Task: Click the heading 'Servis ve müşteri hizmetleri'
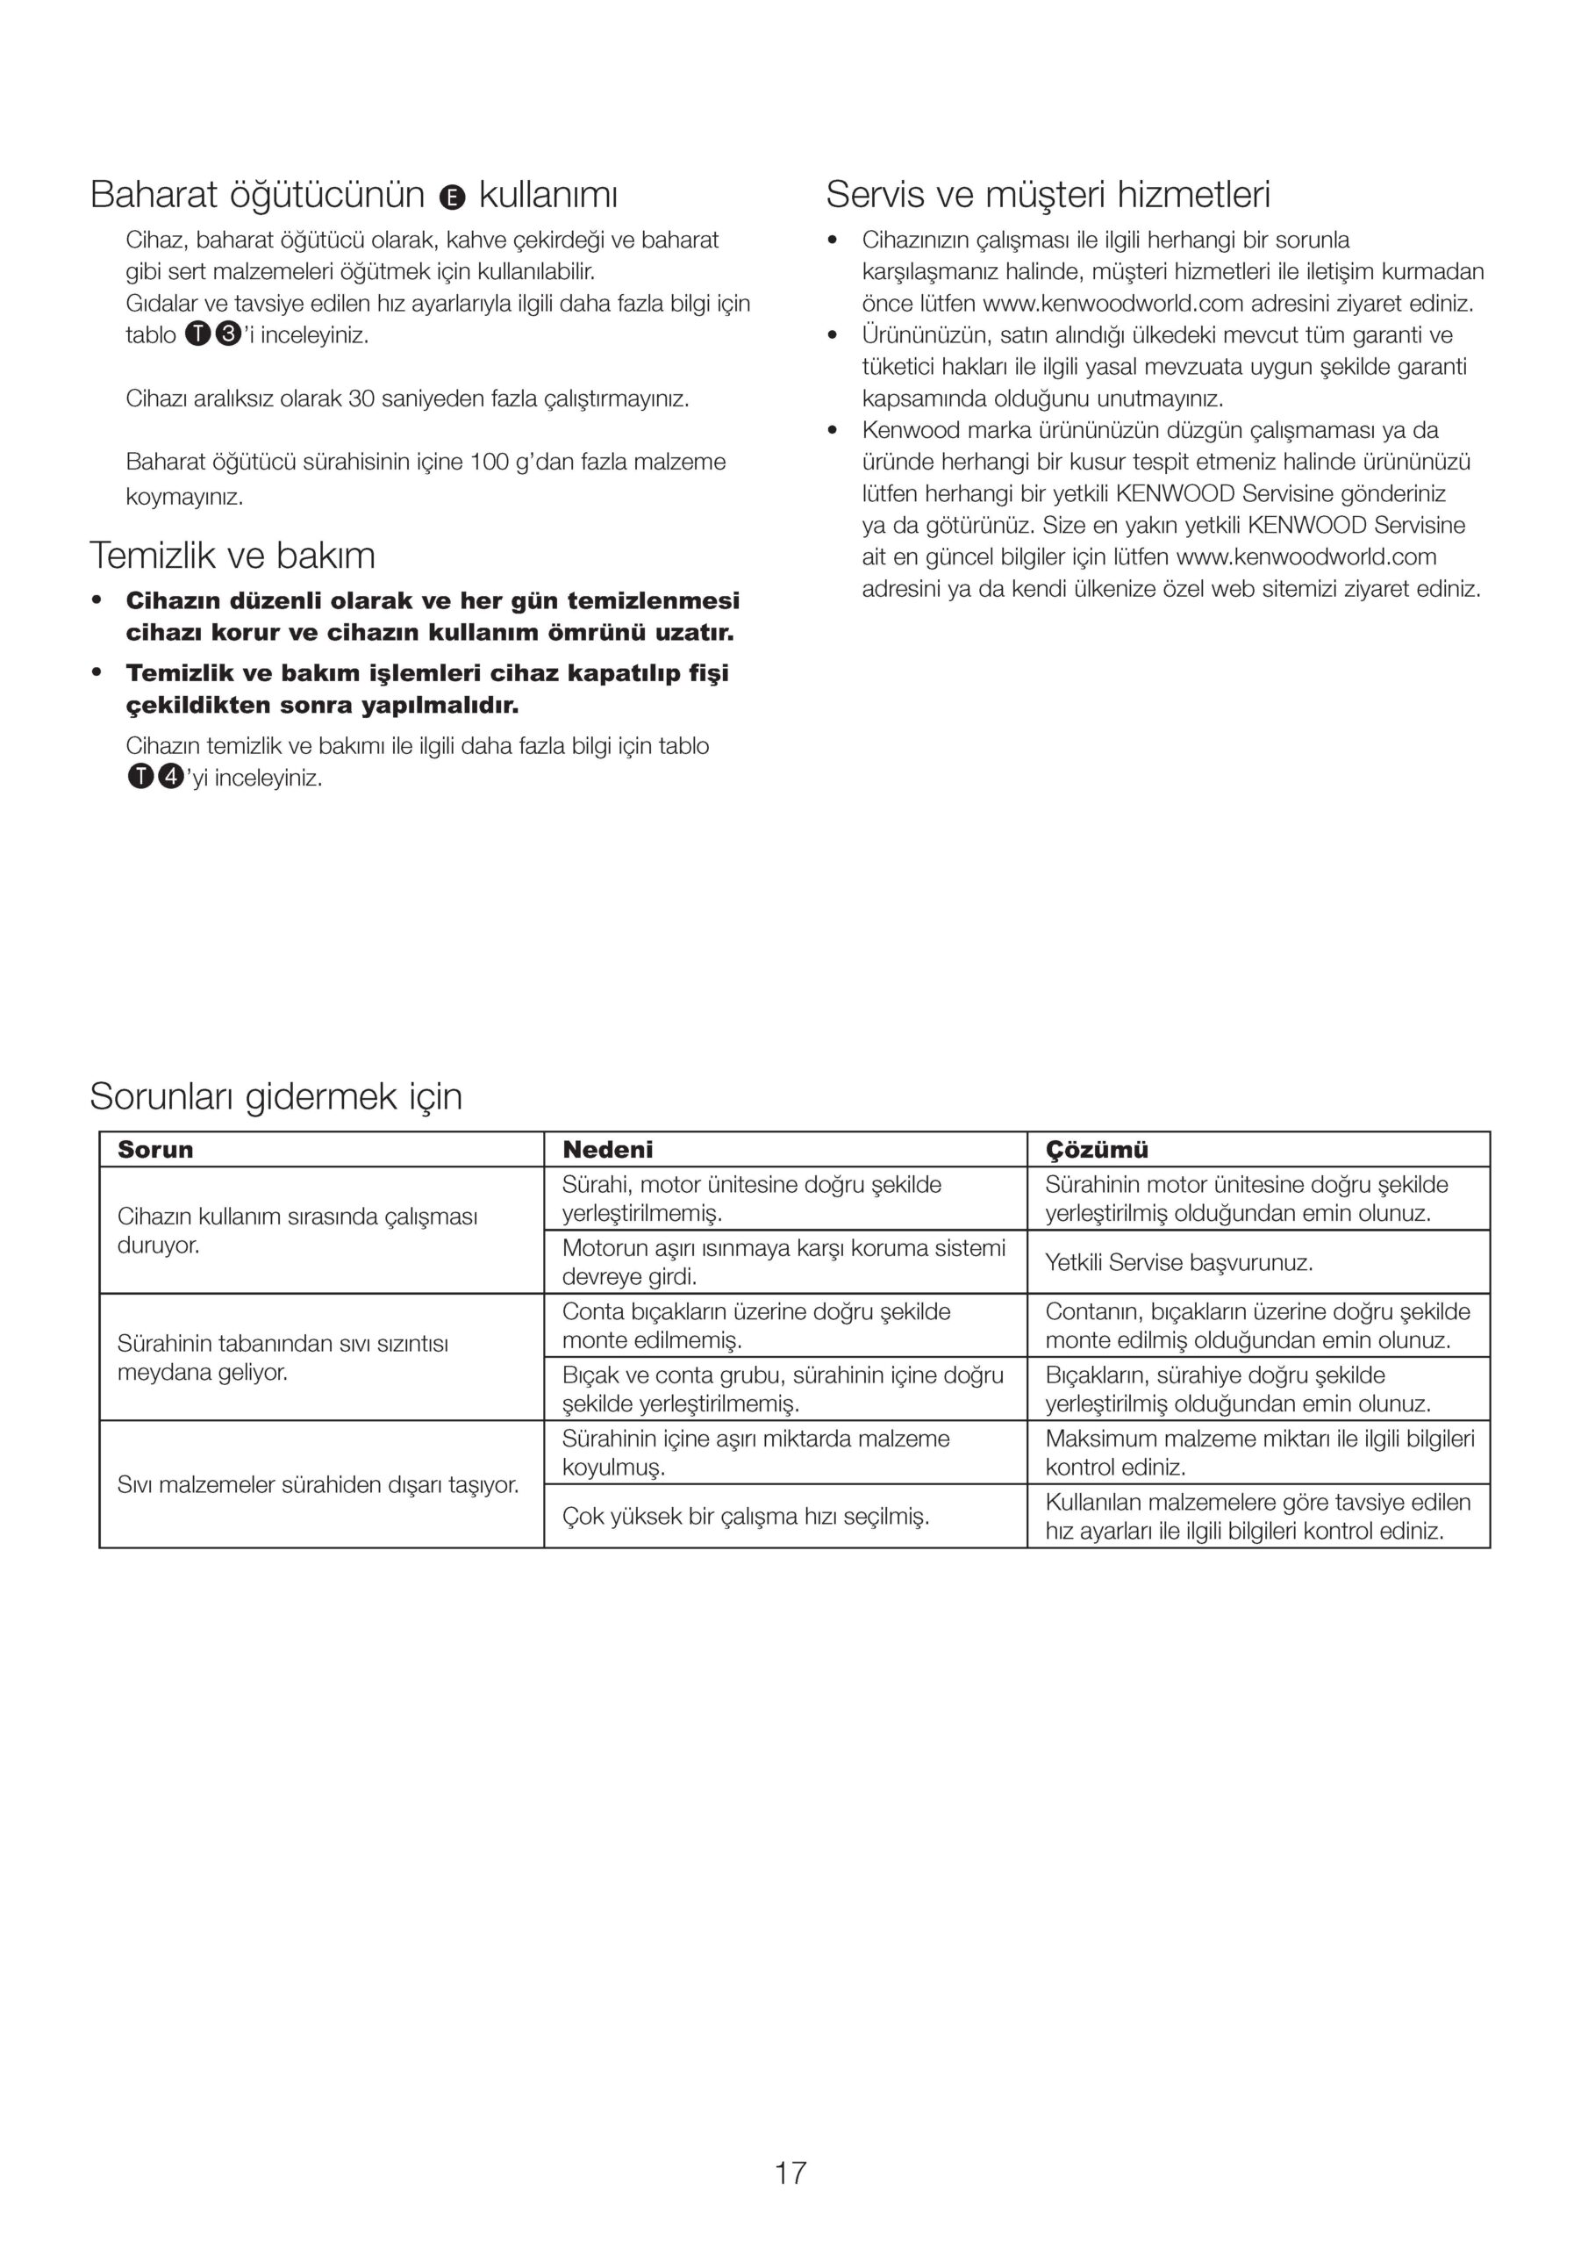[1047, 195]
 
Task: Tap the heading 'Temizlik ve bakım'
[232, 556]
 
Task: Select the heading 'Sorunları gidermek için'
[275, 1096]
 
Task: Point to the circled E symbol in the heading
[451, 197]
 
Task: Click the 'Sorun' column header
[155, 1150]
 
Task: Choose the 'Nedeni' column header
[607, 1150]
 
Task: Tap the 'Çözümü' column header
[1097, 1150]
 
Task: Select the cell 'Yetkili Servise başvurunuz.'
[1178, 1262]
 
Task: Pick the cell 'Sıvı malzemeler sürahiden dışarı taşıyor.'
[318, 1484]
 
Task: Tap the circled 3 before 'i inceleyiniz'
[227, 334]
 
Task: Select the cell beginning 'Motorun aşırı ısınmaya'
[783, 1261]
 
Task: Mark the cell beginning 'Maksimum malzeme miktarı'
[1258, 1453]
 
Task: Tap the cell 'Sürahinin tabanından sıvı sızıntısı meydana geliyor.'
[283, 1357]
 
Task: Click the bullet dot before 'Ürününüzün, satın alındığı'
[833, 335]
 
